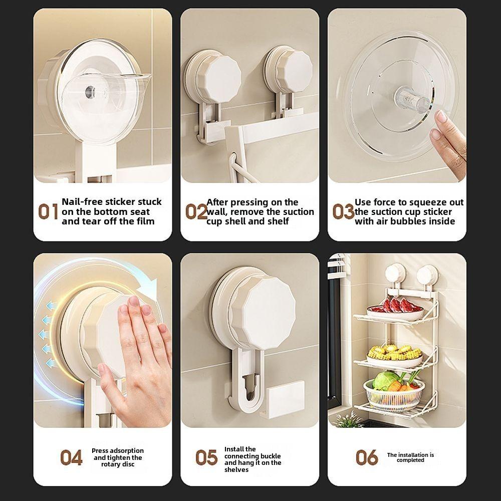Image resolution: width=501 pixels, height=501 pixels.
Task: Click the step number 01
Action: tap(48, 211)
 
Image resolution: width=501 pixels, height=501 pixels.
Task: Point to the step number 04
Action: tap(71, 457)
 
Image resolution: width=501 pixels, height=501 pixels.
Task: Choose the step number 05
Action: tap(206, 457)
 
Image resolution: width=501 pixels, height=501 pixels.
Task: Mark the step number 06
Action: tap(367, 457)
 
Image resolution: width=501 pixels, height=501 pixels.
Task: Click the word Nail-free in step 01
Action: tap(82, 202)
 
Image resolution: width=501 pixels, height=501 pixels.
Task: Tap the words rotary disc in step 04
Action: tap(117, 465)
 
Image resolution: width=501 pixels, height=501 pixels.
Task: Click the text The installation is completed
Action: tap(410, 457)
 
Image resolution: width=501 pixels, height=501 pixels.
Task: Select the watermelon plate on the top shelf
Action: tap(396, 310)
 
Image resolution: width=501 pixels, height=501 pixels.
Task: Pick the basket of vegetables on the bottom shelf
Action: tap(394, 391)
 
